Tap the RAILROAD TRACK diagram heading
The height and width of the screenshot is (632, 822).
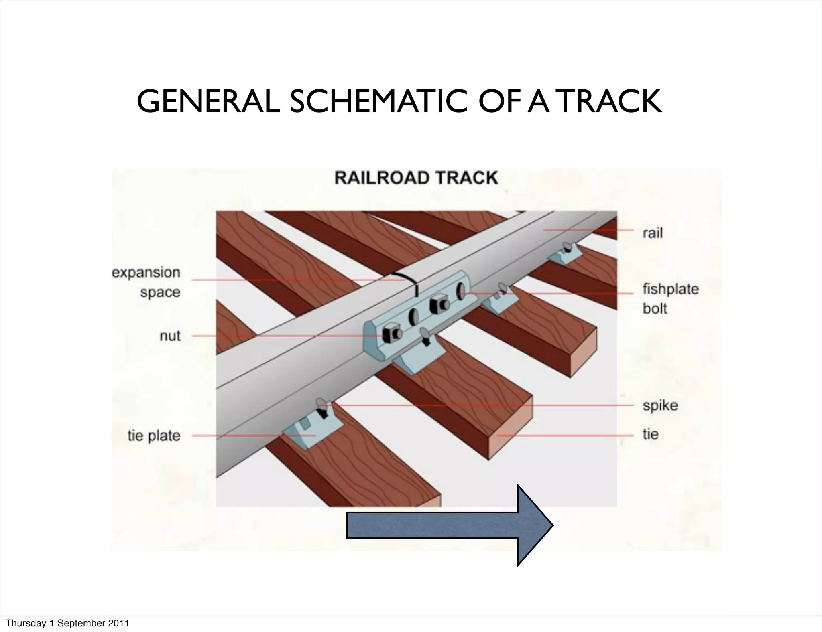(x=416, y=178)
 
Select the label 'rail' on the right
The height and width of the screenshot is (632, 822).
(x=652, y=233)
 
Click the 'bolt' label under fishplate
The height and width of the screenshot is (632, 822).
(x=655, y=308)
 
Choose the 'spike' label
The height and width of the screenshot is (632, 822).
(x=660, y=405)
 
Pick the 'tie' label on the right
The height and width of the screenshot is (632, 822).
(x=650, y=434)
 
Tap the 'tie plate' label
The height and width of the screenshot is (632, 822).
(x=154, y=436)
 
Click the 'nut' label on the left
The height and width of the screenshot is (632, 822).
(x=170, y=336)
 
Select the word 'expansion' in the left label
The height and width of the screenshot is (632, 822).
(x=146, y=273)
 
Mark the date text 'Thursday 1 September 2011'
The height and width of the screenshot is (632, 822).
(x=68, y=623)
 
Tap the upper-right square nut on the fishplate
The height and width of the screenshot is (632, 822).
(x=438, y=305)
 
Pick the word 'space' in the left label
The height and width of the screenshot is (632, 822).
(x=160, y=292)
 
